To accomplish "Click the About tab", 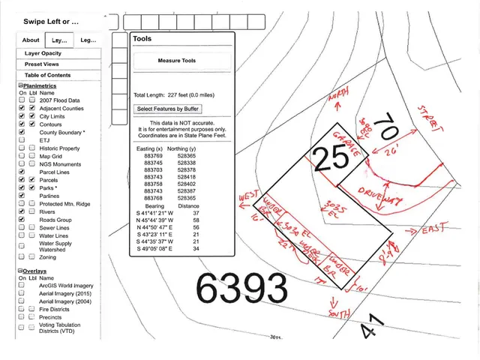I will tap(31, 40).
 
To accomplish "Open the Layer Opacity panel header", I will tap(43, 54).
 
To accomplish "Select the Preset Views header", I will tap(41, 64).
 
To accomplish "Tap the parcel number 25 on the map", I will tap(331, 157).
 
